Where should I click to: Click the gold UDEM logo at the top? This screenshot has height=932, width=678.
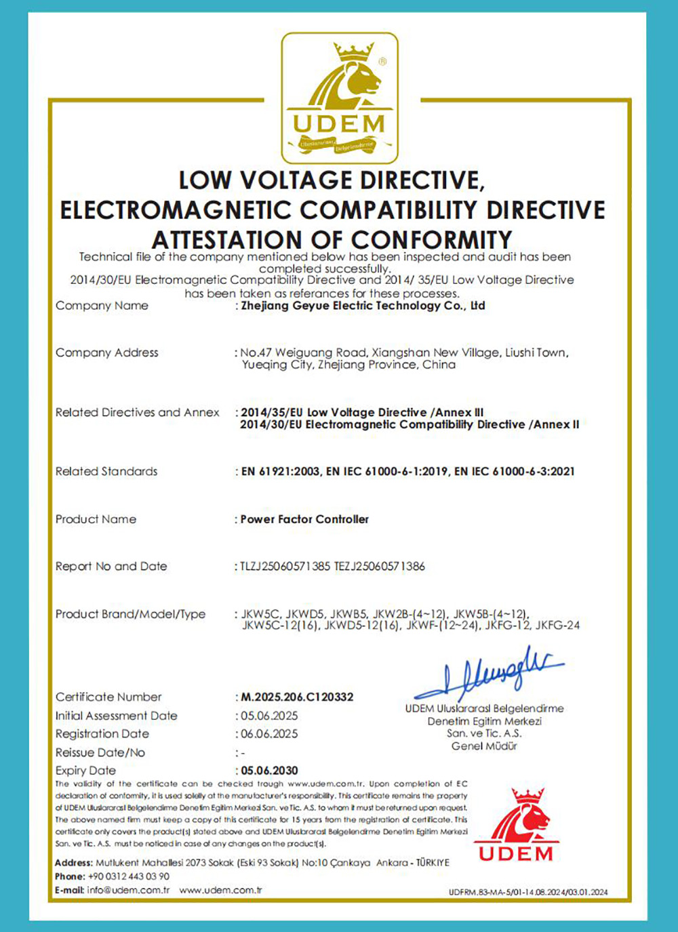[x=340, y=98]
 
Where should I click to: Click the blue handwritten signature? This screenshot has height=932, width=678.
[x=488, y=674]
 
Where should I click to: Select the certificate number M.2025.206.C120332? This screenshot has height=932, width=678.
[x=297, y=697]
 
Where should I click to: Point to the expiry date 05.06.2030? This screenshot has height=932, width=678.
[x=269, y=771]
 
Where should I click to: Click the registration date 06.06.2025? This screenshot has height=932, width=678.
[x=269, y=734]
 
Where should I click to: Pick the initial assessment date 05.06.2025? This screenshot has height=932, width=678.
[x=269, y=716]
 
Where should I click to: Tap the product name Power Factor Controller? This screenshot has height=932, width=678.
[x=304, y=519]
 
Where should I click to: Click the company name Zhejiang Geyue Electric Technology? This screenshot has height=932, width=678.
[x=363, y=306]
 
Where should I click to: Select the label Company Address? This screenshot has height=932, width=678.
[x=106, y=352]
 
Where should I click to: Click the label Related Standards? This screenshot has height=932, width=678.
[x=106, y=471]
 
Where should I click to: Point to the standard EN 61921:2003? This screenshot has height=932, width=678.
[x=281, y=471]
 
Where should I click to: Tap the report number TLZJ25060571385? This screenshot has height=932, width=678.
[x=285, y=566]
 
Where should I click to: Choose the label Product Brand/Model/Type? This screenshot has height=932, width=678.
[x=130, y=614]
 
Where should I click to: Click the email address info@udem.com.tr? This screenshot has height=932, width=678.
[x=128, y=890]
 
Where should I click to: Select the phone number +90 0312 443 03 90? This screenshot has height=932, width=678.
[x=128, y=876]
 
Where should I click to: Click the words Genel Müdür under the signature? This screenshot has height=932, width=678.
[x=484, y=746]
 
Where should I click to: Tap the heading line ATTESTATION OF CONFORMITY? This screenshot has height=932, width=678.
[x=332, y=239]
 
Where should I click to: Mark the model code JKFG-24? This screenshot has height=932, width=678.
[x=557, y=626]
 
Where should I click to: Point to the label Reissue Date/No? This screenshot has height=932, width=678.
[x=100, y=752]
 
